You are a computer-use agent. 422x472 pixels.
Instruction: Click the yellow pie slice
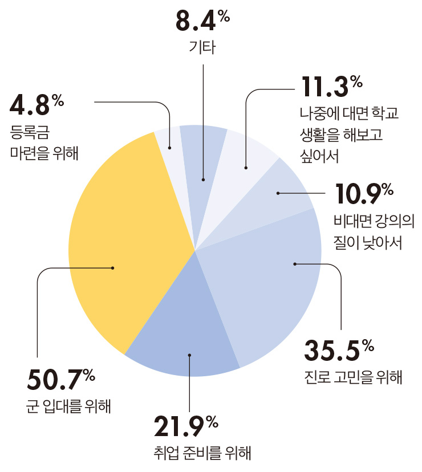[125, 239]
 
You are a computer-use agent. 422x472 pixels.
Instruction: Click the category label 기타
[202, 47]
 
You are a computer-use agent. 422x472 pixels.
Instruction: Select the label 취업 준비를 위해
[202, 454]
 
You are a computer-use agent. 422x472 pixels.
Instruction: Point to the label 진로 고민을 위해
[354, 377]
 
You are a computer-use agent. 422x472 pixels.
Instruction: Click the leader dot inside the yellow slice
[113, 267]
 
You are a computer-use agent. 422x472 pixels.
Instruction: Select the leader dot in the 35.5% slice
[295, 264]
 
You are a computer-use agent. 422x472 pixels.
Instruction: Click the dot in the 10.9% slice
[278, 194]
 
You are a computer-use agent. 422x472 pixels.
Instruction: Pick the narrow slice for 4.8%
[165, 143]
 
